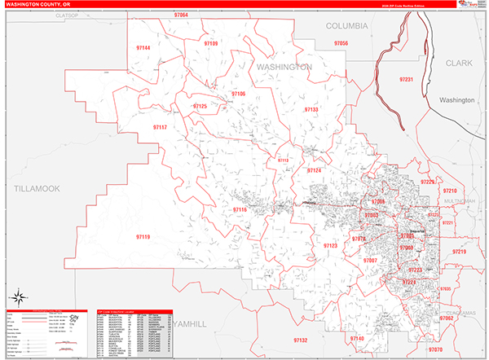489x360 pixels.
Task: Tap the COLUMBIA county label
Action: pyautogui.click(x=347, y=26)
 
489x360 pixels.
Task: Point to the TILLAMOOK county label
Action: pyautogui.click(x=37, y=188)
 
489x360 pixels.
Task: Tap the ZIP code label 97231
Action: pyautogui.click(x=407, y=79)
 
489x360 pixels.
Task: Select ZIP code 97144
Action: pyautogui.click(x=142, y=48)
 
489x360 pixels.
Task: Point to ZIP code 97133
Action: pyautogui.click(x=311, y=109)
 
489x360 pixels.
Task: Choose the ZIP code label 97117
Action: pyautogui.click(x=159, y=127)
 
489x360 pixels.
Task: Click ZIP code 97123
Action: pyautogui.click(x=330, y=245)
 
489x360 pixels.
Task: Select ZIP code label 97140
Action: pyautogui.click(x=356, y=337)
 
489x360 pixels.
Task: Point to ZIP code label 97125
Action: pyautogui.click(x=200, y=106)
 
